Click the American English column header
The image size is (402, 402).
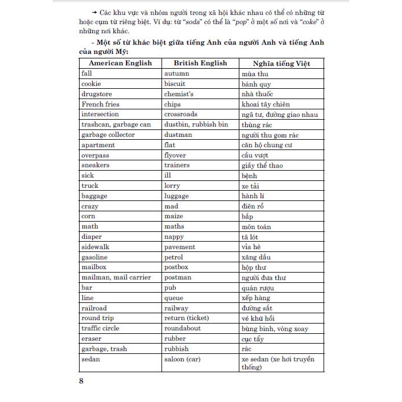(119, 63)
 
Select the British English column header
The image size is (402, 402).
(200, 63)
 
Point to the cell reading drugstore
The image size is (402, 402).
(96, 94)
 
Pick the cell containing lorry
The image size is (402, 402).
(172, 186)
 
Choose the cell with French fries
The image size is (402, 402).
(100, 104)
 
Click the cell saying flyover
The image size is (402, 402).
(175, 155)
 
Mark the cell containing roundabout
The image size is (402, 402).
(182, 328)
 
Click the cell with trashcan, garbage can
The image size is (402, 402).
(116, 124)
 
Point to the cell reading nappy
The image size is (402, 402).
(174, 237)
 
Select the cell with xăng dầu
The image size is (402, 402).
(257, 257)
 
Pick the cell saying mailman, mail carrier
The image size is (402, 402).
(116, 277)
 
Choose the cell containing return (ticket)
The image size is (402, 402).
(186, 318)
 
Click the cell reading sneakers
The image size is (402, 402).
(96, 165)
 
